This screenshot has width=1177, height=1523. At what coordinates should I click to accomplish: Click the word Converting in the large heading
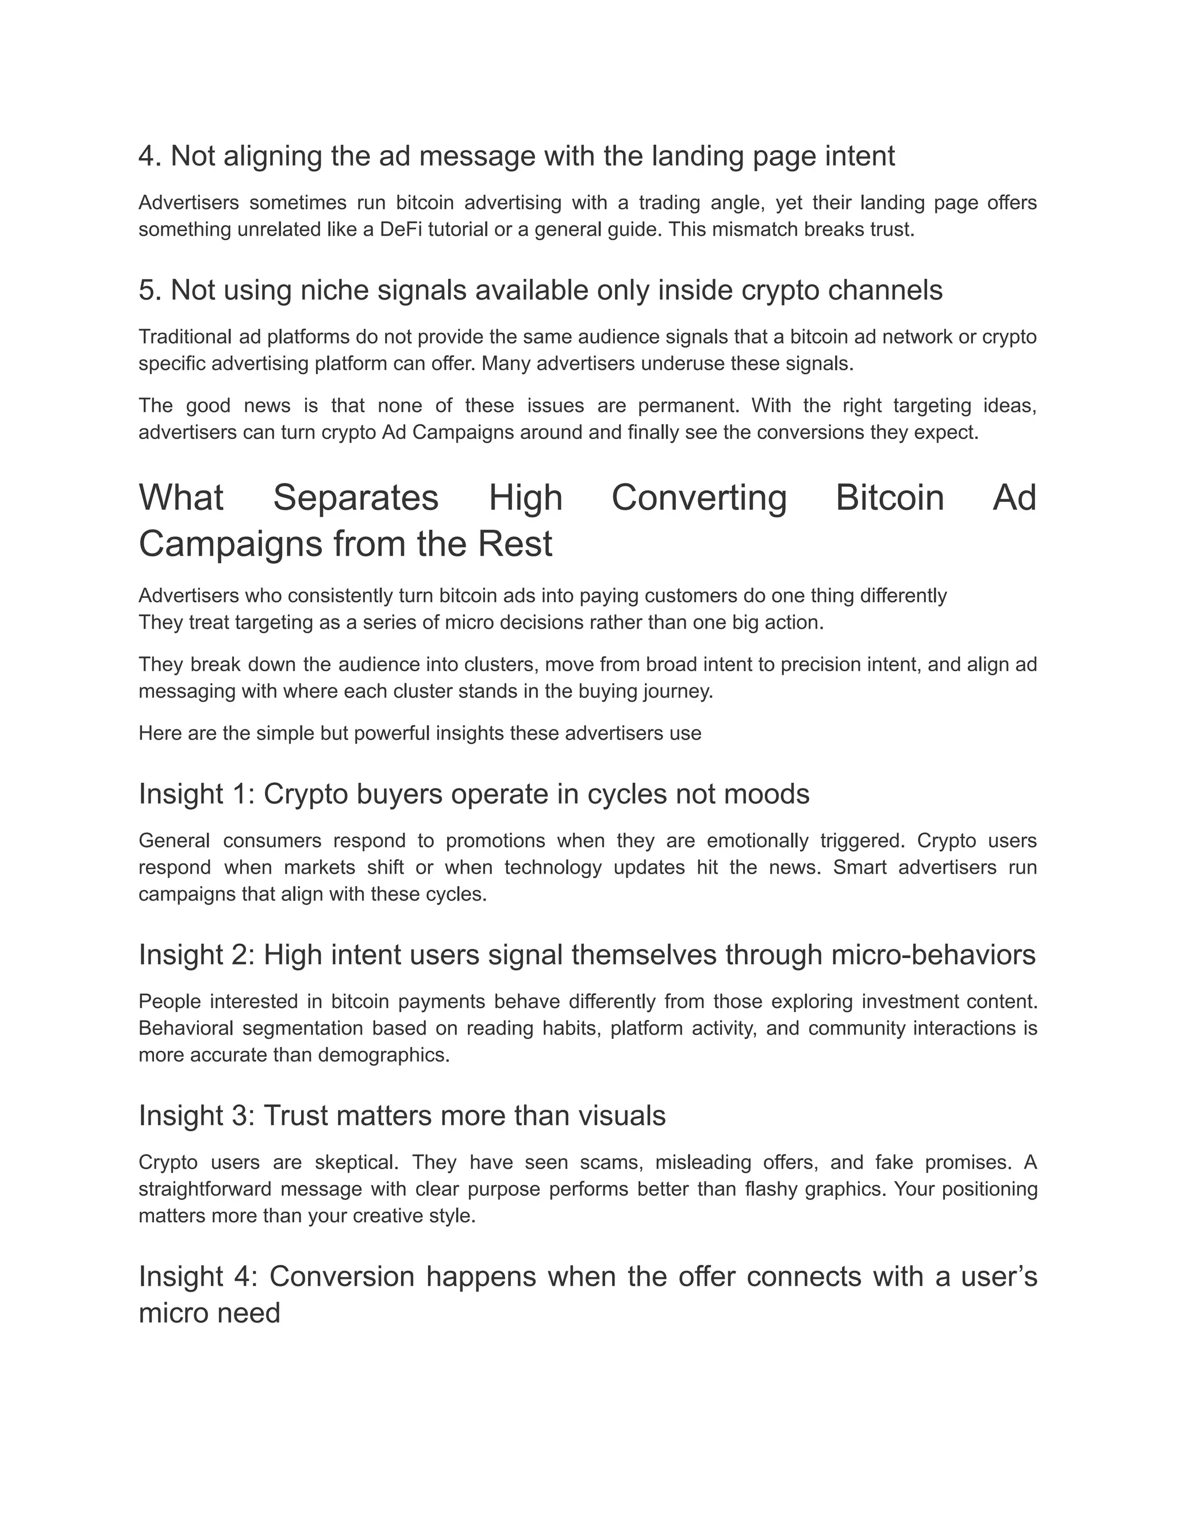[699, 498]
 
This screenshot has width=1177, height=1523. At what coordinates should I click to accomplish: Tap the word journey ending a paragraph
[679, 692]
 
